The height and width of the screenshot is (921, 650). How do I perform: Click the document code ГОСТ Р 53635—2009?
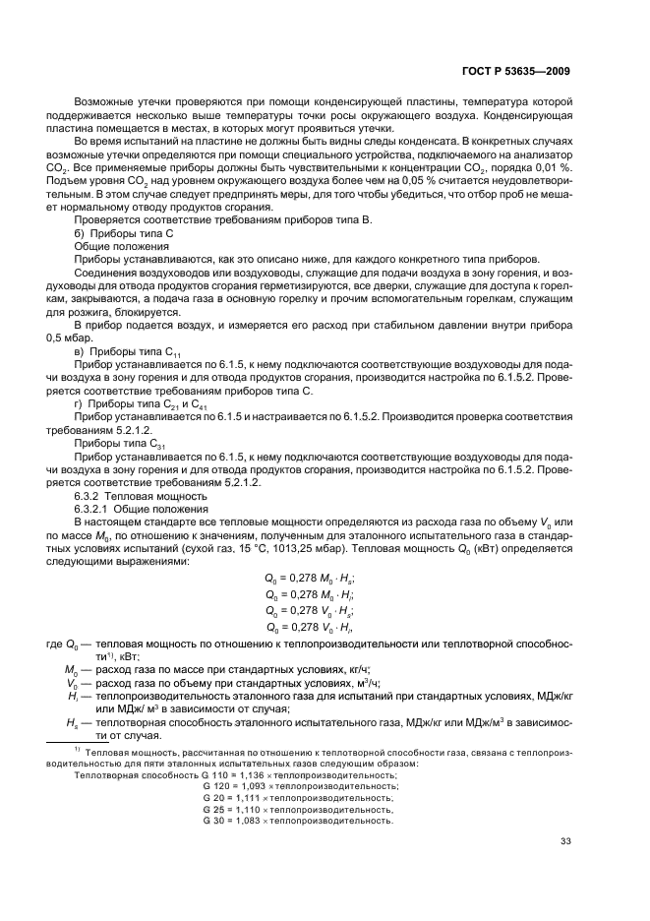tap(516, 71)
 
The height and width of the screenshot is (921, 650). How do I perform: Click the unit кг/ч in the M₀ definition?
tap(295, 668)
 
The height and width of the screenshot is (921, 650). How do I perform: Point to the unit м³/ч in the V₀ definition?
tap(306, 681)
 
